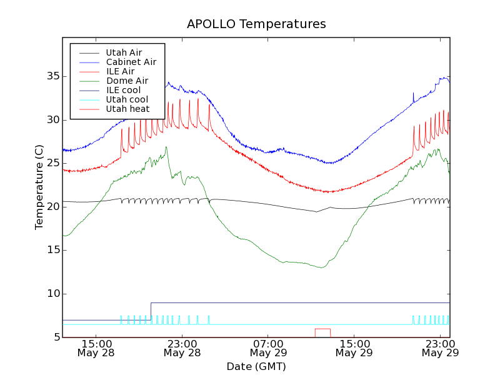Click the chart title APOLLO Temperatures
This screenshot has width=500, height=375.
tap(256, 24)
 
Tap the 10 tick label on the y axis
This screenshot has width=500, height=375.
tap(53, 294)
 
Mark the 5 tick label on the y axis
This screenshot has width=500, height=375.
tap(56, 337)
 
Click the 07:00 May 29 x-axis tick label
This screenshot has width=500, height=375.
tap(268, 348)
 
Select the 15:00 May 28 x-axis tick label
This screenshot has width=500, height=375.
tap(96, 348)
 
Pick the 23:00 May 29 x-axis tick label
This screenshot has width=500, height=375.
tap(440, 348)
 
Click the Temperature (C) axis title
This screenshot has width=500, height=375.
tap(39, 187)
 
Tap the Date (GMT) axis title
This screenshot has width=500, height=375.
tap(256, 366)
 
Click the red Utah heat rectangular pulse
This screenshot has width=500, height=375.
tap(322, 329)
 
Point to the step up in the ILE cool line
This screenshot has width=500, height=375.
tap(151, 311)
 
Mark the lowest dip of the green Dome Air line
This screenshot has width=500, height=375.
tap(321, 267)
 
